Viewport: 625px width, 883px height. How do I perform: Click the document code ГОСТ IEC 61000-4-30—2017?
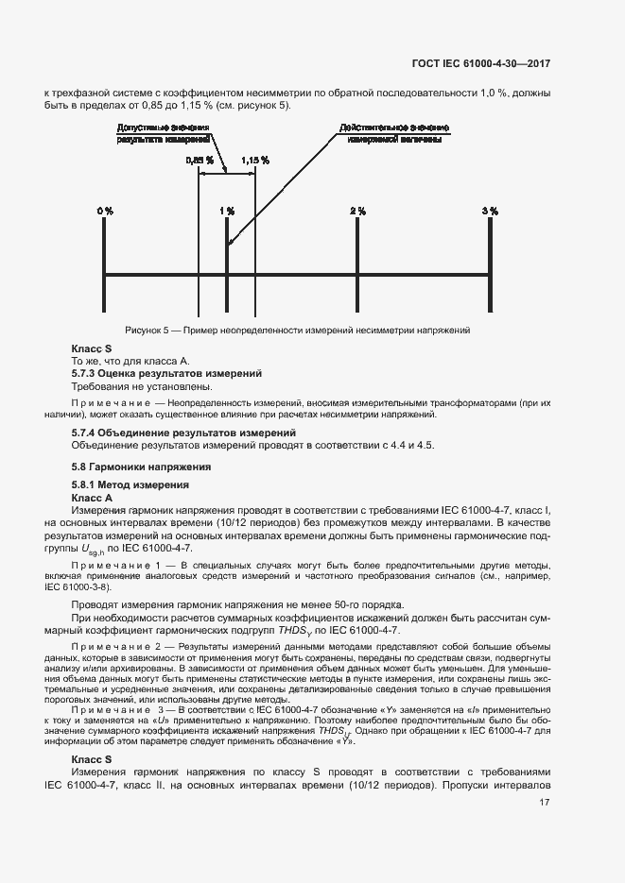click(x=480, y=64)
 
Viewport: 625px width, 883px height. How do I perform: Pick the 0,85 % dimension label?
click(x=199, y=161)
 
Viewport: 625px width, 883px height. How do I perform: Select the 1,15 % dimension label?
click(x=255, y=161)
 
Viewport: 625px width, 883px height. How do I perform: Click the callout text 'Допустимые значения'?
click(x=155, y=127)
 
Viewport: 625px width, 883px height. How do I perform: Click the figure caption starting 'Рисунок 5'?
click(x=298, y=331)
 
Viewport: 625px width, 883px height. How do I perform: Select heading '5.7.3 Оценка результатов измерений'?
click(x=166, y=374)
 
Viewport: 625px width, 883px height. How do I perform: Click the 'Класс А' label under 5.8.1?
click(x=93, y=497)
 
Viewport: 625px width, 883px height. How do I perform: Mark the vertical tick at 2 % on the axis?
click(x=357, y=275)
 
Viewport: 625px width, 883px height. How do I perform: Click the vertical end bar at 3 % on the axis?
click(x=489, y=275)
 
